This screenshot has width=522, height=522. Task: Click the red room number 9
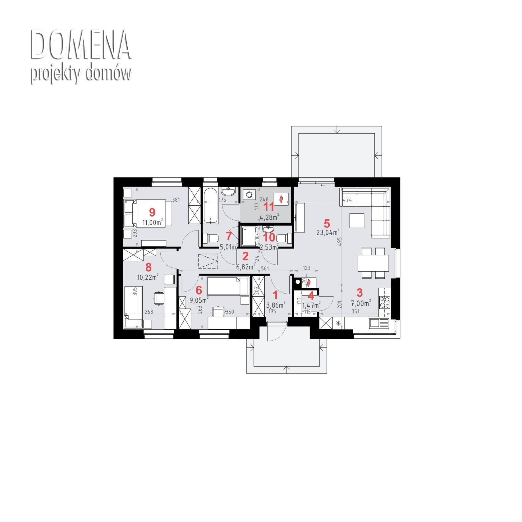coord(152,212)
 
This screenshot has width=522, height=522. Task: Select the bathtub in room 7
coord(211,206)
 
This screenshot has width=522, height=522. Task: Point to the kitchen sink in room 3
coord(379,323)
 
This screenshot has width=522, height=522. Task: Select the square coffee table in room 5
coord(357,221)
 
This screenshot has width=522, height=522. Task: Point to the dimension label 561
coord(265,268)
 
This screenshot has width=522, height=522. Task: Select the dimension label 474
coord(347,200)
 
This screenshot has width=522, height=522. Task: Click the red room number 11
coord(269,207)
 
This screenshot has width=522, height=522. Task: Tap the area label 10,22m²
coord(148,277)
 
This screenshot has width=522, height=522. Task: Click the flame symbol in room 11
coord(281,199)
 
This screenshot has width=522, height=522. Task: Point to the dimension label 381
coord(176,200)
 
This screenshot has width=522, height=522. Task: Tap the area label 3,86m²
coord(276,305)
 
